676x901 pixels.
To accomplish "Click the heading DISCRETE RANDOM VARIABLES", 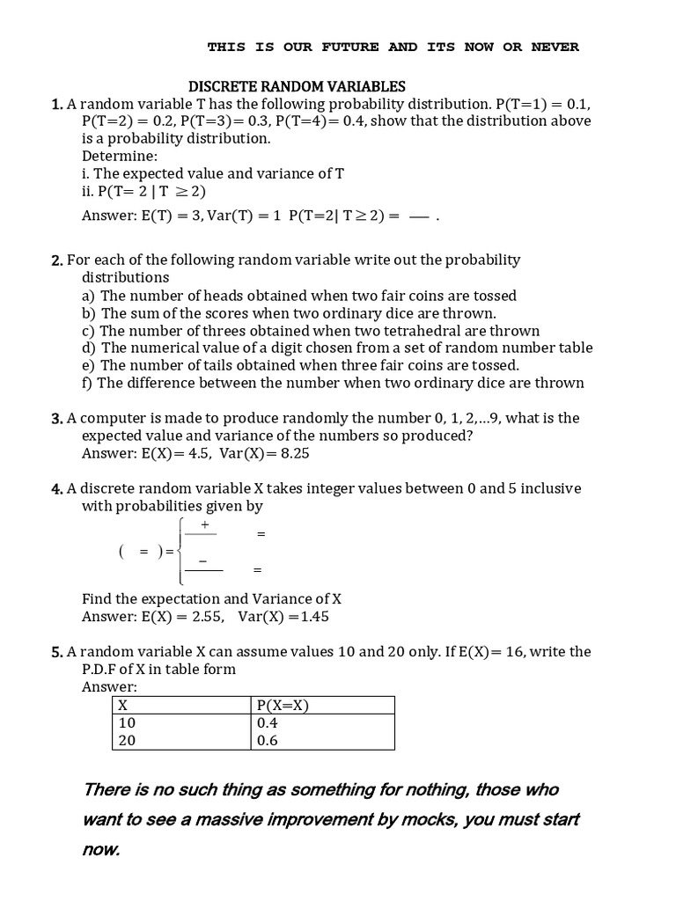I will [x=298, y=86].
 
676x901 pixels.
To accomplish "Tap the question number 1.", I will [x=56, y=105].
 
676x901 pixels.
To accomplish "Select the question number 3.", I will [x=56, y=419].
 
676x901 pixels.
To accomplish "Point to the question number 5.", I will [x=56, y=652].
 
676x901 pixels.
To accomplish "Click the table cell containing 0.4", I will [x=323, y=722].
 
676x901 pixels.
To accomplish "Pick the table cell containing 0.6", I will [x=323, y=740].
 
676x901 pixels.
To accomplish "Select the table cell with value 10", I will [x=181, y=722].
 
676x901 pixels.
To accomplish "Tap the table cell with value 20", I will [x=181, y=740].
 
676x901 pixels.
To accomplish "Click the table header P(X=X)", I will [x=323, y=705].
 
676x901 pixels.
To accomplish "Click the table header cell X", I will [x=181, y=705].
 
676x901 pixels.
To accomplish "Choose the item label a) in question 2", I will [x=89, y=296].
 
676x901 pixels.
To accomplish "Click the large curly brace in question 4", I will [x=180, y=551].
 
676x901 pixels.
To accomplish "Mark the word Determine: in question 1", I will [x=120, y=156].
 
